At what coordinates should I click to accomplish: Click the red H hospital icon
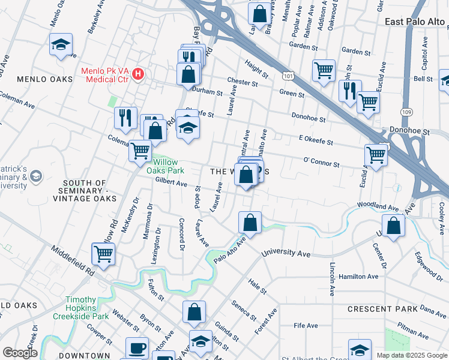coord(139,74)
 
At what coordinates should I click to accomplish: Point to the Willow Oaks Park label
coord(161,166)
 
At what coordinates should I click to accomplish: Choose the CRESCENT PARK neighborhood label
coord(382,309)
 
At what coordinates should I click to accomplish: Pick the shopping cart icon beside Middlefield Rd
coord(103,253)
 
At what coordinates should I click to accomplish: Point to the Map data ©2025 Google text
coord(411,355)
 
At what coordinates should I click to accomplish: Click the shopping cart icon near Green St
coord(324,70)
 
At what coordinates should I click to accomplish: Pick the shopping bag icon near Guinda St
coord(194,311)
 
